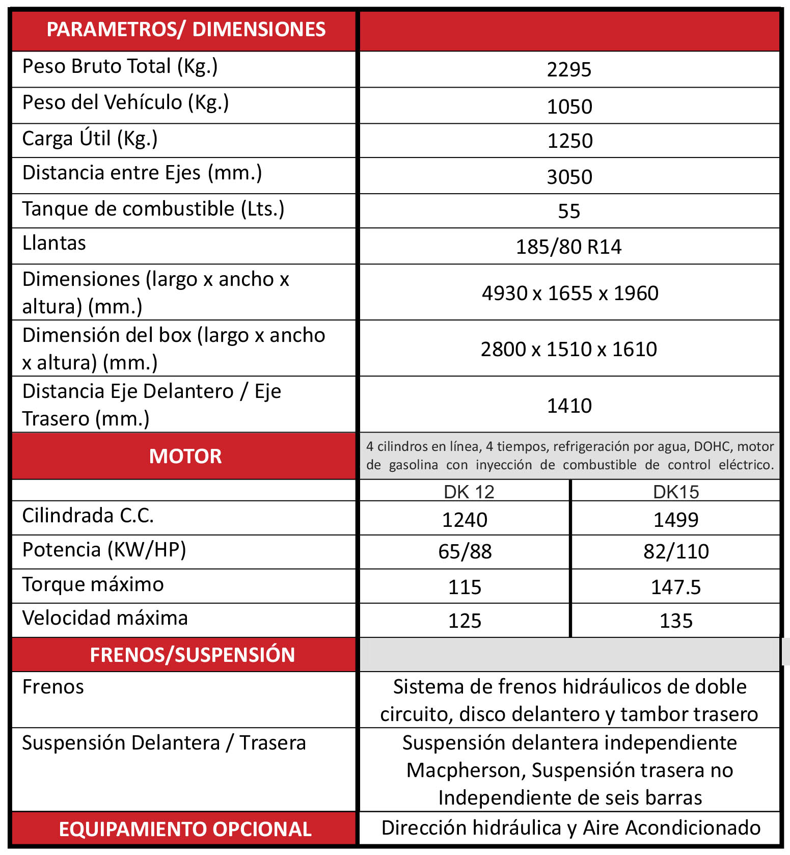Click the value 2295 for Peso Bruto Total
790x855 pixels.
point(569,69)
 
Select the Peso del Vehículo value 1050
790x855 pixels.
point(569,106)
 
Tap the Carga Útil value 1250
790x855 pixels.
point(569,141)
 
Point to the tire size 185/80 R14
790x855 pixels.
point(568,247)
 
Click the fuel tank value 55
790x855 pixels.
point(569,211)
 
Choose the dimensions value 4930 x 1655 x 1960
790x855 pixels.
point(570,293)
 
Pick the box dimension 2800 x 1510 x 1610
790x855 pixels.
point(569,349)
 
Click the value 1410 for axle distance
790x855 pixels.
point(569,406)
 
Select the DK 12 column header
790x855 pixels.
point(469,492)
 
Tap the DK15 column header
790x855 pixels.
point(676,492)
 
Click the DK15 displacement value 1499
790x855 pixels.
point(676,520)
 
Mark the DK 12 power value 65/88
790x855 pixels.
point(465,551)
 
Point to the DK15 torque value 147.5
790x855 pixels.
point(676,587)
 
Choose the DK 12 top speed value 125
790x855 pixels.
point(465,621)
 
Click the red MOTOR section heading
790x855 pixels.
point(185,456)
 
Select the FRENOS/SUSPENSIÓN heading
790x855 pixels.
point(192,655)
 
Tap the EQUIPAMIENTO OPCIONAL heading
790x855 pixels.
point(185,829)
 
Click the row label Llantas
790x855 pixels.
point(54,243)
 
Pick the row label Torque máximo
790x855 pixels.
point(93,584)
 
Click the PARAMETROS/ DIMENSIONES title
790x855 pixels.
point(186,30)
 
